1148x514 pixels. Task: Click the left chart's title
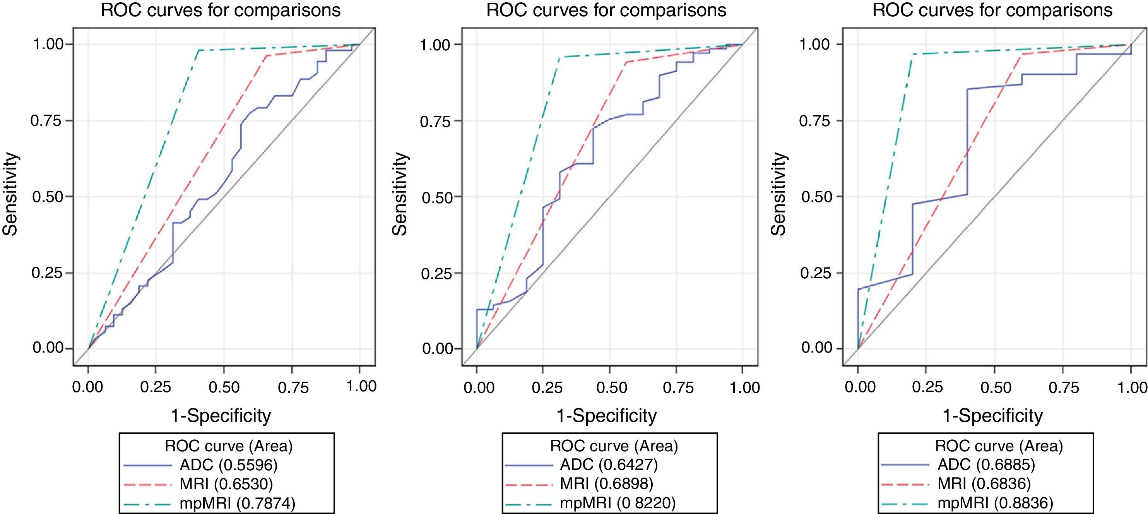click(x=221, y=10)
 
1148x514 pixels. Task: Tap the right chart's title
click(x=992, y=10)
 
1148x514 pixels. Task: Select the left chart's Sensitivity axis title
click(x=10, y=194)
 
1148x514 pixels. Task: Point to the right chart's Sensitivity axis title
click(x=779, y=194)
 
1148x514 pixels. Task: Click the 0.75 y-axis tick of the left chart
click(x=46, y=121)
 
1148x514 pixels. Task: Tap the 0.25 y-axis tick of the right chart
click(x=815, y=273)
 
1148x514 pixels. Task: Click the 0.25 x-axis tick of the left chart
click(x=156, y=387)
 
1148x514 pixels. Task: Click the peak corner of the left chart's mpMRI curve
click(x=197, y=50)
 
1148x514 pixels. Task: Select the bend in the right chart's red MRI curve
click(x=1021, y=54)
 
